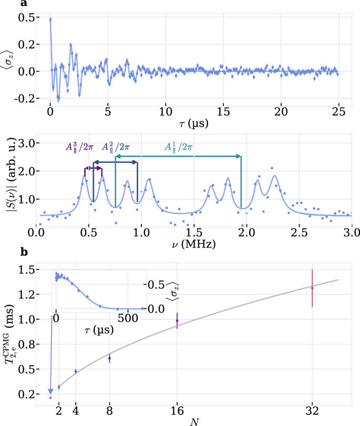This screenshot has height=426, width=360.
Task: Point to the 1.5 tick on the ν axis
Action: click(x=194, y=231)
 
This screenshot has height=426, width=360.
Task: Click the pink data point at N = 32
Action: click(x=313, y=288)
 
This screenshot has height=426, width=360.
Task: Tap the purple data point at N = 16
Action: click(x=177, y=320)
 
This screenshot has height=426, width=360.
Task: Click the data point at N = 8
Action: click(x=109, y=359)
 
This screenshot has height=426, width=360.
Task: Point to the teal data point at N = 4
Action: click(x=76, y=371)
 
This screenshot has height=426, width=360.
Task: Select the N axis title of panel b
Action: click(x=194, y=421)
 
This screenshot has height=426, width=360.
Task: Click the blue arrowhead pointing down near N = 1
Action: click(x=50, y=390)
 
